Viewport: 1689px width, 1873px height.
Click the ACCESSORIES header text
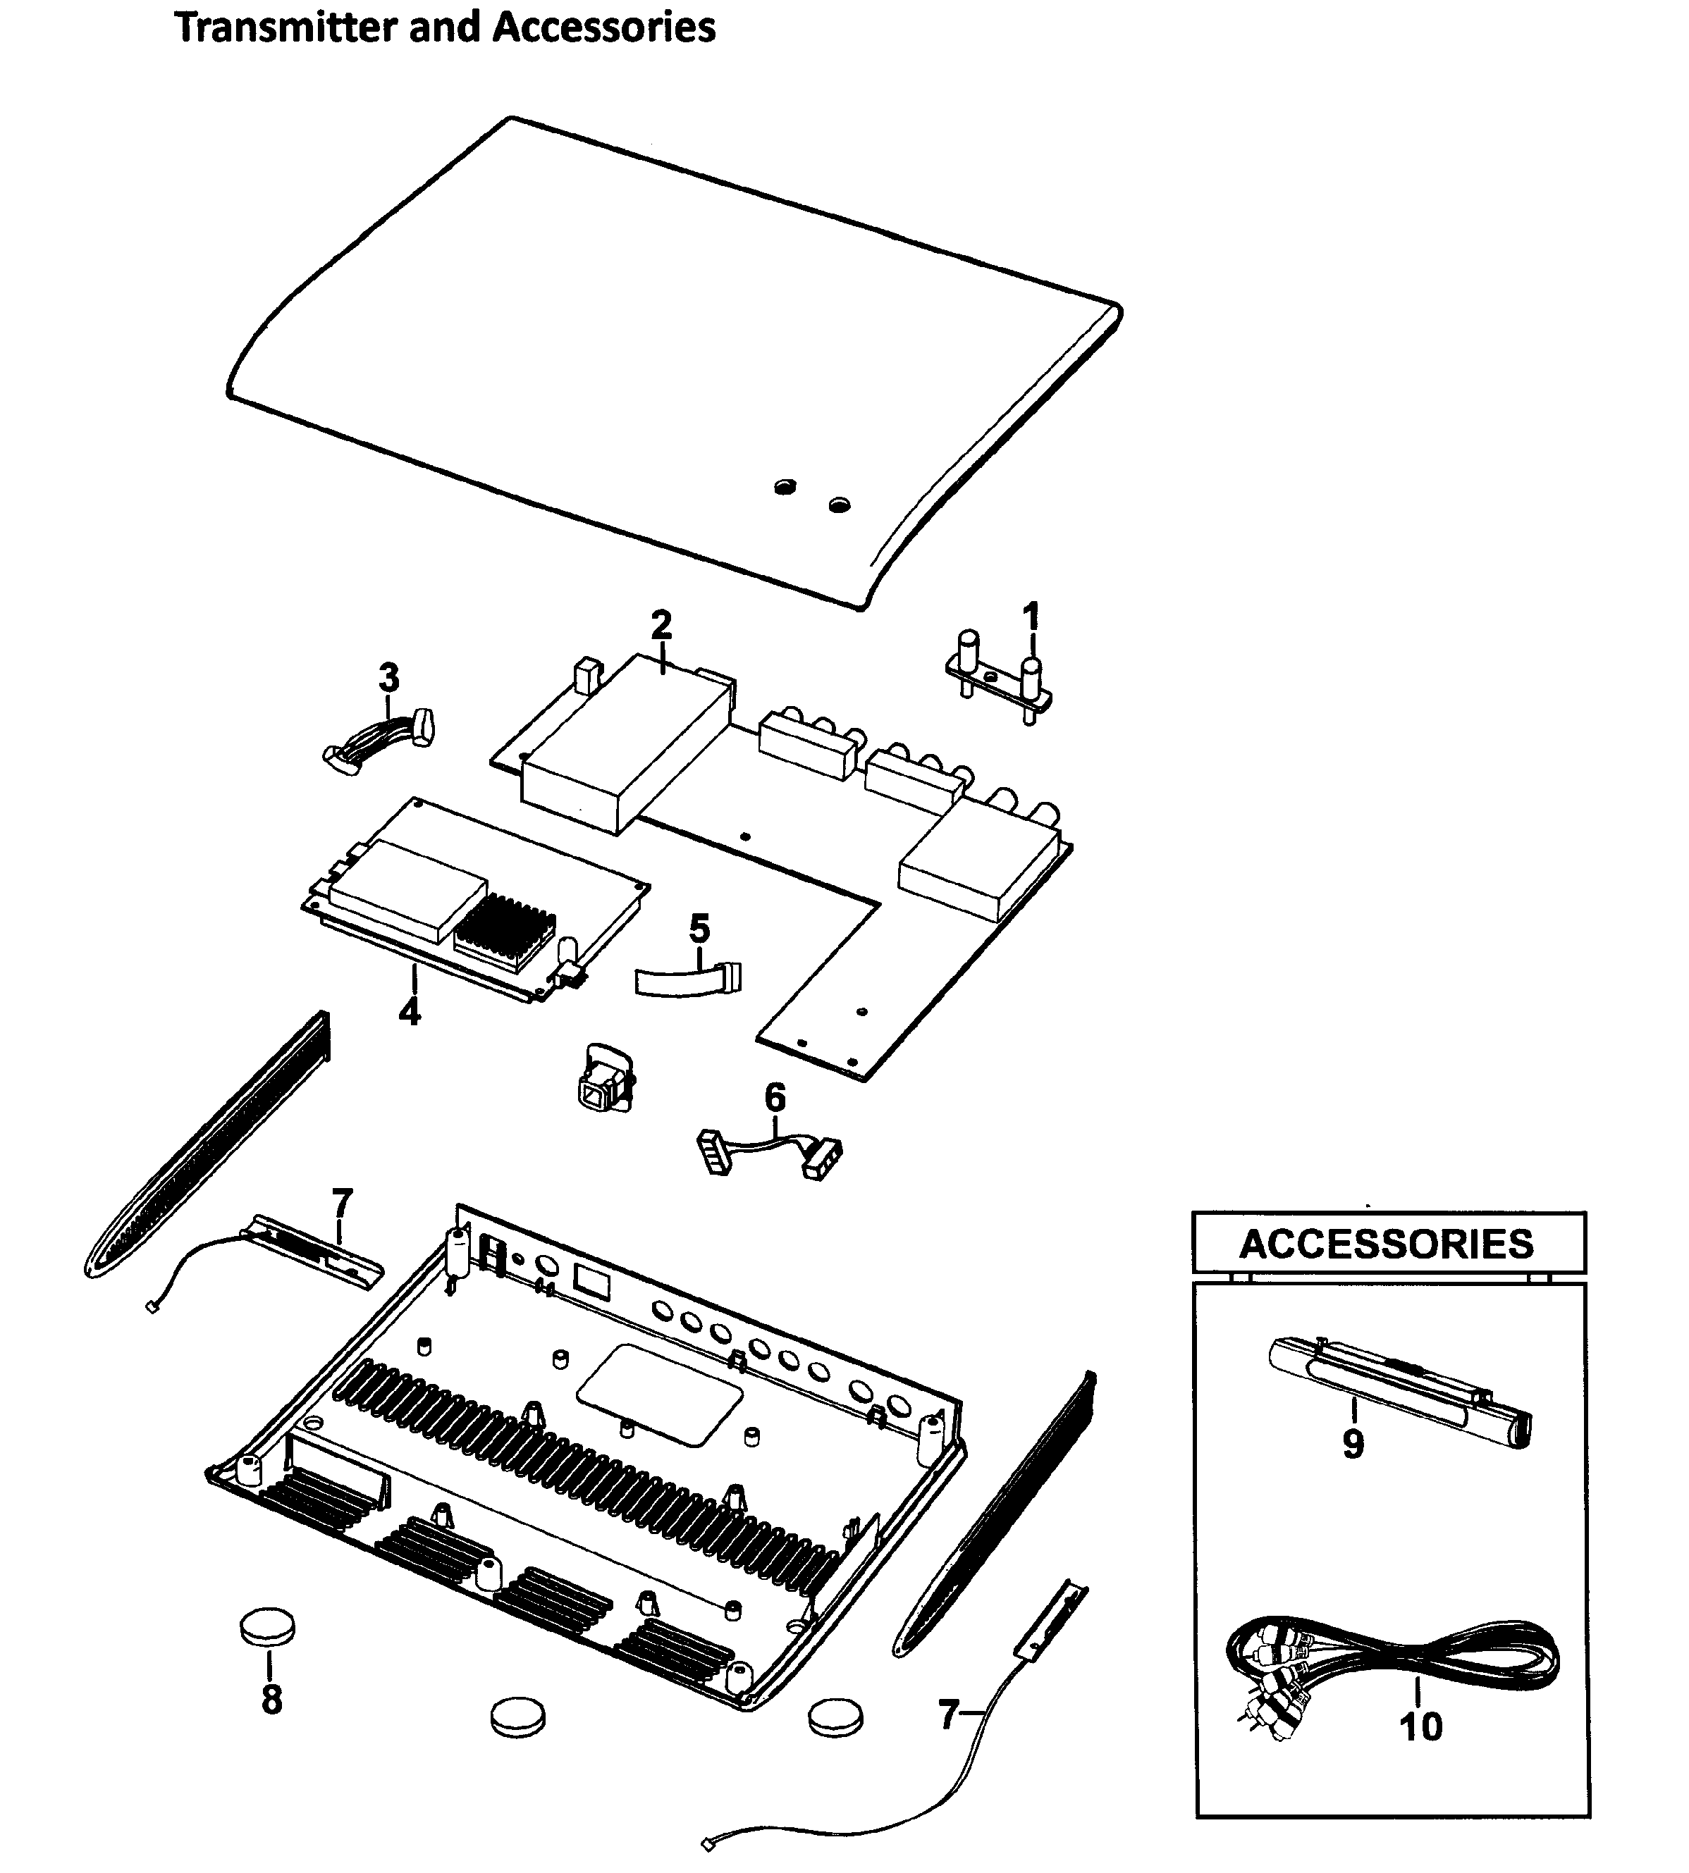pyautogui.click(x=1387, y=1244)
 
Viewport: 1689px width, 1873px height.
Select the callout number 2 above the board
pyautogui.click(x=661, y=624)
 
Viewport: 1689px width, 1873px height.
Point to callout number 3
pyautogui.click(x=389, y=678)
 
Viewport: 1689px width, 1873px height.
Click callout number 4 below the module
pyautogui.click(x=410, y=1011)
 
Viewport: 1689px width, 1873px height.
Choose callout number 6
pyautogui.click(x=775, y=1097)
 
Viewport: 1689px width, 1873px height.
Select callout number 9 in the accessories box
pyautogui.click(x=1353, y=1443)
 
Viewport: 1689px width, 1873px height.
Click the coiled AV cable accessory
pyautogui.click(x=1392, y=1661)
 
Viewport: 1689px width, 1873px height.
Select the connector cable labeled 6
pyautogui.click(x=770, y=1153)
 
